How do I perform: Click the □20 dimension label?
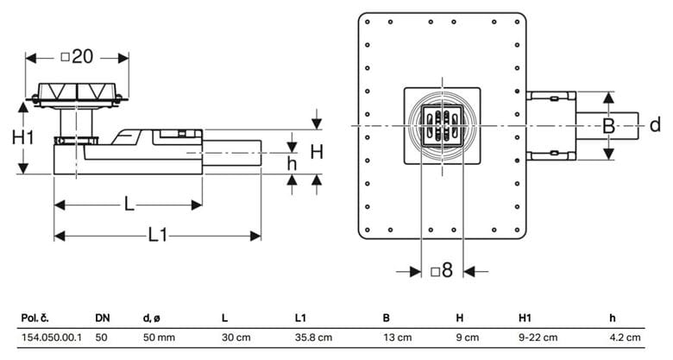click(x=77, y=57)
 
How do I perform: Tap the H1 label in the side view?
click(x=22, y=138)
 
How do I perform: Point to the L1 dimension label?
click(x=158, y=235)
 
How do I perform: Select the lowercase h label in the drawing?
click(x=292, y=164)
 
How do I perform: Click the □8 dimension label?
click(x=442, y=270)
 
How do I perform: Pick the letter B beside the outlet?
click(x=608, y=126)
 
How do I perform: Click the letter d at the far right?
click(x=655, y=125)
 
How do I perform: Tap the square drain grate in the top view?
click(x=442, y=126)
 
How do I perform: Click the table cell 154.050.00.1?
click(x=52, y=338)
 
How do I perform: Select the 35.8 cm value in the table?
click(x=313, y=338)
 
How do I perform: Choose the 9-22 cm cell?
click(x=538, y=338)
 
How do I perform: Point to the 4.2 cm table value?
click(x=625, y=338)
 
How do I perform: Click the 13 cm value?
click(x=398, y=338)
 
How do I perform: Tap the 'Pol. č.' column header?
click(x=35, y=319)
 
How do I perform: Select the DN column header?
click(x=103, y=319)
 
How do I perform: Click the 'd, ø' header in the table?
click(x=152, y=319)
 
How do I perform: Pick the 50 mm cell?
click(x=159, y=338)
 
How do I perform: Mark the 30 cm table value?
click(x=236, y=338)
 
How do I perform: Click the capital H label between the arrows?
click(x=317, y=152)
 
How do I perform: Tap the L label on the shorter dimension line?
click(x=129, y=204)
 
